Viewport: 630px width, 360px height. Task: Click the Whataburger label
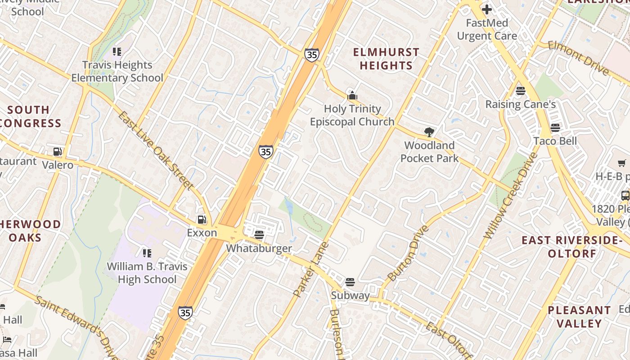259,248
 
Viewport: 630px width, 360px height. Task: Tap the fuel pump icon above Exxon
202,220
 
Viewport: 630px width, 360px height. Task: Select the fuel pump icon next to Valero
57,152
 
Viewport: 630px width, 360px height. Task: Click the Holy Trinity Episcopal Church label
352,115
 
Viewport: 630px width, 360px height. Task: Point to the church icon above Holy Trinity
352,95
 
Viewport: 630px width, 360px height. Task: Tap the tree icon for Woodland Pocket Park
429,132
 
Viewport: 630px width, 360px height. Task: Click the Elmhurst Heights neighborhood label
386,59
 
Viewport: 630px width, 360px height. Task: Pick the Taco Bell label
555,141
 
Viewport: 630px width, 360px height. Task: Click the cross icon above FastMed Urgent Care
487,9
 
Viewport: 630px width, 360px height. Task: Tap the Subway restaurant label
350,296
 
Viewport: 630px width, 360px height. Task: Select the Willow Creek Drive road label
511,196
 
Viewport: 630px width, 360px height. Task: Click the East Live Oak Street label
156,150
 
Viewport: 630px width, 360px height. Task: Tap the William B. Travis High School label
147,273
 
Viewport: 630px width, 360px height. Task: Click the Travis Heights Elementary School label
117,72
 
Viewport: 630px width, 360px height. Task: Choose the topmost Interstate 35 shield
311,55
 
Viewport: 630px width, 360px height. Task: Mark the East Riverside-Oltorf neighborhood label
571,247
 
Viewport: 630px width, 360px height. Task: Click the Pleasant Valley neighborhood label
579,317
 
